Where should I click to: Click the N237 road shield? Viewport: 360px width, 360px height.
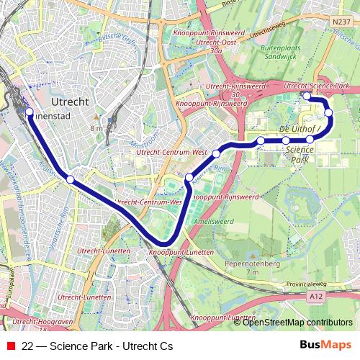click(x=341, y=22)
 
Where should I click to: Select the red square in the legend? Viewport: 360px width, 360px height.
click(x=10, y=346)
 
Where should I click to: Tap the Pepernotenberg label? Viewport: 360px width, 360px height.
click(x=252, y=265)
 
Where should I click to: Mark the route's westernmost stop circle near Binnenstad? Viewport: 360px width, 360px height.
click(x=30, y=112)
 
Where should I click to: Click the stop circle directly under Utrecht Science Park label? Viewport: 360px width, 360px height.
click(x=307, y=96)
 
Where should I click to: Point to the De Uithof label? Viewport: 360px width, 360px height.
click(x=298, y=128)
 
